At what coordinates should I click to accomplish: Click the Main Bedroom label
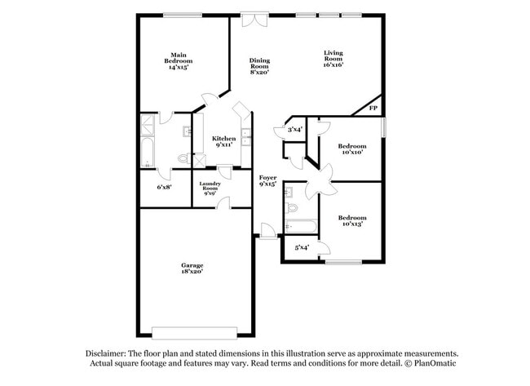pos(179,61)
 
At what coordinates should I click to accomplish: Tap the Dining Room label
pos(259,66)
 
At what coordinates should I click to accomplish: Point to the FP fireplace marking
pos(373,108)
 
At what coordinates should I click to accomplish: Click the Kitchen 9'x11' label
pos(223,141)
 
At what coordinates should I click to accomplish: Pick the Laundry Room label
pos(210,189)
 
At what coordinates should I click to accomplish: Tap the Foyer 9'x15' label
pos(267,180)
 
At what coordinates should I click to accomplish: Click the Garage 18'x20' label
pos(192,268)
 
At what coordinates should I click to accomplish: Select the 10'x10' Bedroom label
pos(351,149)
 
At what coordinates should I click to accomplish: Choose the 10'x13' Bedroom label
pos(351,220)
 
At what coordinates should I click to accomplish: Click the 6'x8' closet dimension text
pos(164,187)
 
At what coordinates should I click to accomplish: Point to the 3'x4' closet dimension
pos(295,129)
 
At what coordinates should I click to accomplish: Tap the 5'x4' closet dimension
pos(302,247)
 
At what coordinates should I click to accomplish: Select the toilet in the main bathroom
pos(184,158)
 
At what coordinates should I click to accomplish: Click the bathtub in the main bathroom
pos(147,153)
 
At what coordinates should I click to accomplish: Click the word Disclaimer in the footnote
pos(108,353)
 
